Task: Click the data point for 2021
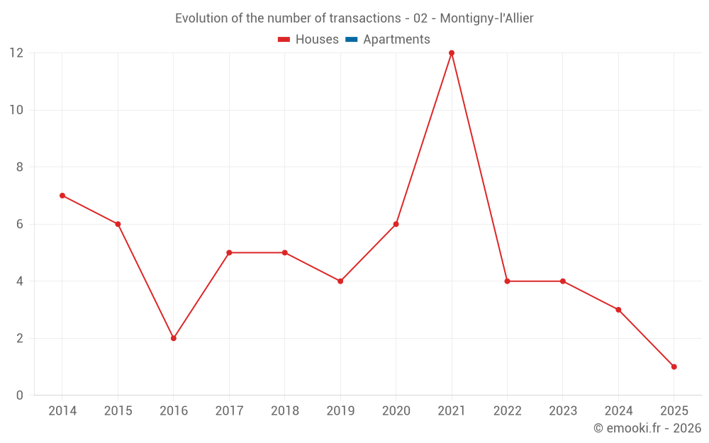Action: (452, 53)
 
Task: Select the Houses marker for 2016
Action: (174, 338)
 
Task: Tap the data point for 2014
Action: (62, 196)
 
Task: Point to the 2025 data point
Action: (674, 366)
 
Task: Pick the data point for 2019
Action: (340, 281)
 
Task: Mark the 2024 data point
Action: (618, 310)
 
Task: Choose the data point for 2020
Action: (396, 224)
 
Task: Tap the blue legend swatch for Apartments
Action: (351, 40)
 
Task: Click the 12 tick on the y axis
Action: (16, 53)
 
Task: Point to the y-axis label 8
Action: (20, 167)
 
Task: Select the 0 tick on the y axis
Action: (20, 396)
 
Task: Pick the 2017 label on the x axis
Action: (229, 411)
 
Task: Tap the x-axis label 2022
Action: (507, 411)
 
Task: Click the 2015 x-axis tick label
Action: (118, 411)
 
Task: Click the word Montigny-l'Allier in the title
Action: (486, 18)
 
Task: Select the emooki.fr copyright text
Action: (647, 428)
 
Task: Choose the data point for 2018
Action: (285, 252)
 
